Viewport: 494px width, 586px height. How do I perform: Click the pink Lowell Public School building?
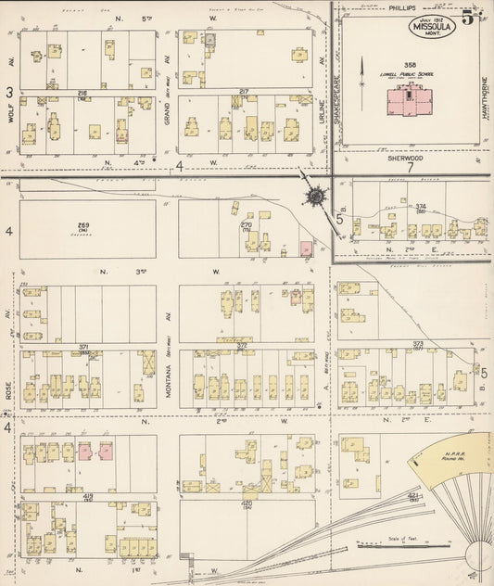click(409, 97)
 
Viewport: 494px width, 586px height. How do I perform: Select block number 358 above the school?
click(408, 64)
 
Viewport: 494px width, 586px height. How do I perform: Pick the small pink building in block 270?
click(306, 248)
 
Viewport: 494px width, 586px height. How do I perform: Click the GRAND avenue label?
click(168, 62)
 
